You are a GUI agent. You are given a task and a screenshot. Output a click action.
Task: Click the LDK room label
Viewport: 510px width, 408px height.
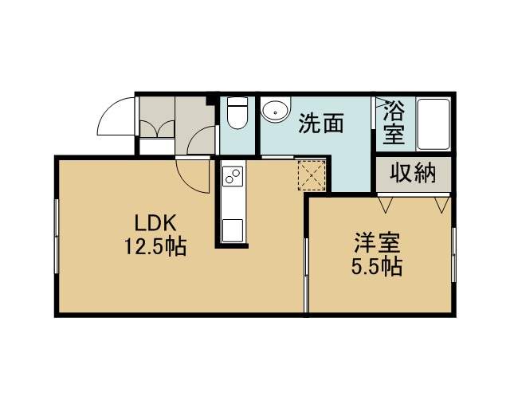coord(155,224)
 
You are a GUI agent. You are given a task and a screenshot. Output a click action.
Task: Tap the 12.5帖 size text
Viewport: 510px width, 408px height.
coord(155,247)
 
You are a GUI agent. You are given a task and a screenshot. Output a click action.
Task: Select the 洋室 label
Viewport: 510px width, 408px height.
coord(377,243)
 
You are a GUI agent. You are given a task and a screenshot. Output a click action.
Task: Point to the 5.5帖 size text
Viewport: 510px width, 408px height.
coord(377,267)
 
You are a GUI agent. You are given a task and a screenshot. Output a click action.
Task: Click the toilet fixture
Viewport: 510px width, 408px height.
coord(237,113)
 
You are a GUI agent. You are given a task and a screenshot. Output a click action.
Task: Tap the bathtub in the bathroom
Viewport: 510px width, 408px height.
coord(433,124)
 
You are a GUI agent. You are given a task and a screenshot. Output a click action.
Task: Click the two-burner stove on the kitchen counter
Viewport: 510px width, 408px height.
coord(232,176)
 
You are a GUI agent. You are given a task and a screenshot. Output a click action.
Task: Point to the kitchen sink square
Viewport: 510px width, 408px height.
coord(232,230)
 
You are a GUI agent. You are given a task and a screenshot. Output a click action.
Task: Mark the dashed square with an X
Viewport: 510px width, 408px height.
coord(312,175)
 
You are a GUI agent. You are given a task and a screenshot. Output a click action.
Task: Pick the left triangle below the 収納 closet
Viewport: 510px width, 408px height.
coord(386,204)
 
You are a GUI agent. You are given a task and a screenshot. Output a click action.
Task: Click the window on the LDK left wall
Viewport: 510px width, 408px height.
coord(57,236)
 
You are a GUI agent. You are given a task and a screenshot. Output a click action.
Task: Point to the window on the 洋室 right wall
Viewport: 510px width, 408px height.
coord(453,255)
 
